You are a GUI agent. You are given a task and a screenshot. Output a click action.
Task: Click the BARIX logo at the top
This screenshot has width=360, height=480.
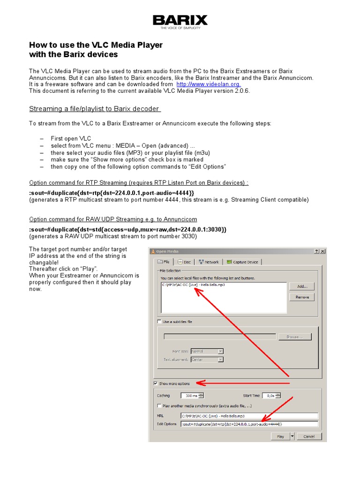[180, 21]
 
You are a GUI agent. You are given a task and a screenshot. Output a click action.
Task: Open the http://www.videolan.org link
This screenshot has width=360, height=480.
[208, 84]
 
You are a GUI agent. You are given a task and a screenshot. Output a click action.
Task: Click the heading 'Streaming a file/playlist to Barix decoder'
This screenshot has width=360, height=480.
[95, 109]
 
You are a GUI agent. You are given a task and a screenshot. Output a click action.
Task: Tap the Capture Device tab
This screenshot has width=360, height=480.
[243, 262]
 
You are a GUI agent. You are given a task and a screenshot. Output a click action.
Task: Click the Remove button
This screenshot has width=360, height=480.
[302, 297]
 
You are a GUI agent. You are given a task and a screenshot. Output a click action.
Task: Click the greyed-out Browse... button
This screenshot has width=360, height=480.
[294, 337]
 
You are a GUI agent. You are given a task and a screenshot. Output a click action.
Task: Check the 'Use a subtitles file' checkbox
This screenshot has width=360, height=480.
[159, 322]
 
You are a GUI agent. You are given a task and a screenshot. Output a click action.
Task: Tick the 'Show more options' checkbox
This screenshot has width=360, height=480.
[156, 383]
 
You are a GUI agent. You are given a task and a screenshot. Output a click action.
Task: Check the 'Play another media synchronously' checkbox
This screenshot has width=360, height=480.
[159, 406]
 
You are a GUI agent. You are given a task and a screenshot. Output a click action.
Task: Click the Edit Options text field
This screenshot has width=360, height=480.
[249, 424]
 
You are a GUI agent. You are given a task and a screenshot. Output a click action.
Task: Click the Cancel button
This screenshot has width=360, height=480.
[309, 436]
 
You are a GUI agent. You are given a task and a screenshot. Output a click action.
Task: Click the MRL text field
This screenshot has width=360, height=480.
[249, 416]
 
